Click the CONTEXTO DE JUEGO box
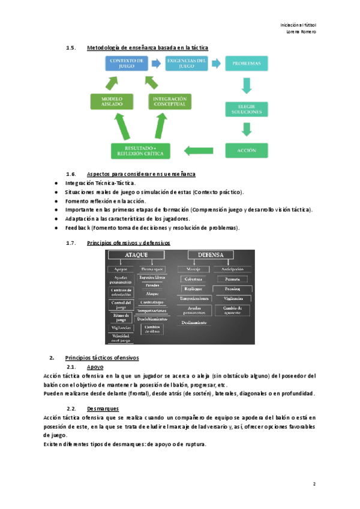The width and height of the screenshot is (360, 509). [126, 64]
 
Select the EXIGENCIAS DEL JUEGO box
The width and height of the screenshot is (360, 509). [187, 64]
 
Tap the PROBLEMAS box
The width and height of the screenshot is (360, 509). [246, 63]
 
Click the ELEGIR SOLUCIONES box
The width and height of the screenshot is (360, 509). [246, 109]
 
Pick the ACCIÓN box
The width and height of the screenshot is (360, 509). [246, 150]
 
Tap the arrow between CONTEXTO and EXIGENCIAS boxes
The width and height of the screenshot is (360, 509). [155, 62]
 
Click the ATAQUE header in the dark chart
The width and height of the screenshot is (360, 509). [136, 255]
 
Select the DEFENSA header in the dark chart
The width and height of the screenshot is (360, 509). [210, 255]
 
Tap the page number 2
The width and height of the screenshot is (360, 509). [314, 484]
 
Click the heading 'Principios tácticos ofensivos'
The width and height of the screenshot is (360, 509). [101, 358]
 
